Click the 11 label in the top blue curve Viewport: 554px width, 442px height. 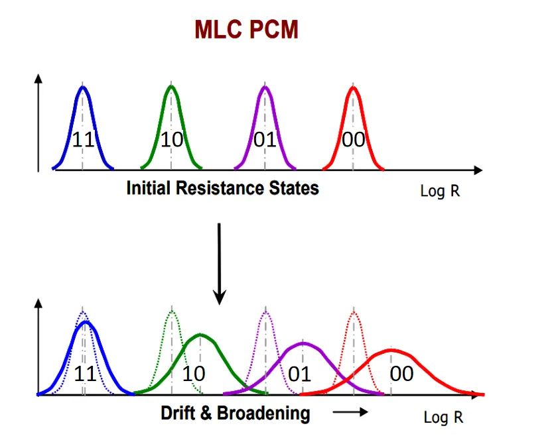(x=83, y=140)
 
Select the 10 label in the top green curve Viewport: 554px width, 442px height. (x=171, y=140)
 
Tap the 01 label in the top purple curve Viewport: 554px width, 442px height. (x=265, y=140)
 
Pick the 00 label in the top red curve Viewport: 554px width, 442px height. (x=354, y=140)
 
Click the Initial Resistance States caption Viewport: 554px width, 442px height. (x=222, y=188)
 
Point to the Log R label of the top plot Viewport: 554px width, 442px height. (x=440, y=192)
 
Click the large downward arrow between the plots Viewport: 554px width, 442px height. (x=219, y=265)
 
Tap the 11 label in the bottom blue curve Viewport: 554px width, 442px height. (x=85, y=374)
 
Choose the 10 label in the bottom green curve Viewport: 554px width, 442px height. (x=193, y=374)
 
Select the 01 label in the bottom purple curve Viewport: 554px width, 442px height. (x=299, y=374)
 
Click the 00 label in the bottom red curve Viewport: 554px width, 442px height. (x=401, y=374)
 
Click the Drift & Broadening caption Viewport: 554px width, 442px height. (x=235, y=414)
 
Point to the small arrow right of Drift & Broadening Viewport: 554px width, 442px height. (x=350, y=412)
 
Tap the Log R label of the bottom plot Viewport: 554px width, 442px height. (x=443, y=418)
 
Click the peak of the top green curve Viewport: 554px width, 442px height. (x=171, y=87)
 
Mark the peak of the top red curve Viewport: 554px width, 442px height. (x=354, y=87)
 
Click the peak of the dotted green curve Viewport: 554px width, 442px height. (x=172, y=311)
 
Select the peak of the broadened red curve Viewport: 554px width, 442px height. (x=391, y=350)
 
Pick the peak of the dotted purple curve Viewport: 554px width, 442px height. (x=265, y=311)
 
